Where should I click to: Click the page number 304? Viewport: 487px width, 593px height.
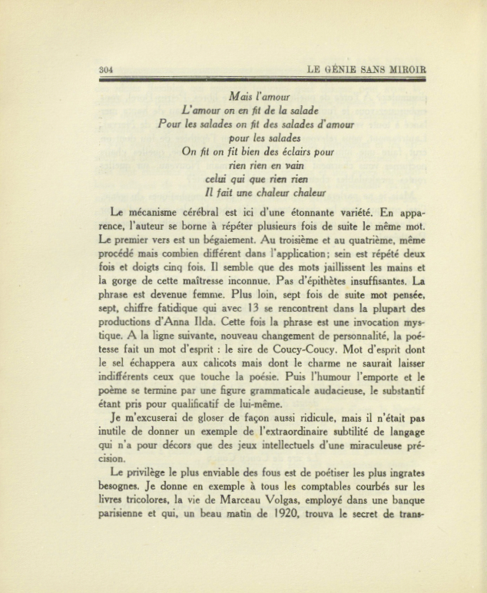point(107,70)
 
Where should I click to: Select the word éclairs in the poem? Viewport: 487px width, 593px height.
point(290,151)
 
